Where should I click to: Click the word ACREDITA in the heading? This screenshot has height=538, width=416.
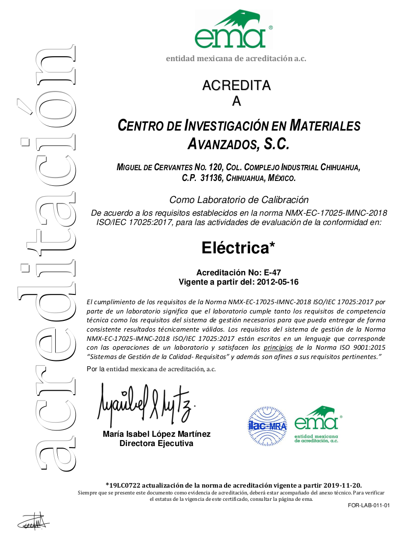tap(236, 86)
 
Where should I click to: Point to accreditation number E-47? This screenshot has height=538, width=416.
tap(273, 272)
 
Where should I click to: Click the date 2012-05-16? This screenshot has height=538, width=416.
tap(277, 282)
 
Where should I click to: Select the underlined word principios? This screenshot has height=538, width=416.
tap(278, 348)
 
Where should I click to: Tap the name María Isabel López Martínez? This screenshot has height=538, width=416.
tap(157, 434)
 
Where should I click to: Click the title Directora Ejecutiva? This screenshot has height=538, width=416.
tap(157, 444)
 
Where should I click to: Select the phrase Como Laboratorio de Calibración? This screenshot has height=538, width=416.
tap(239, 200)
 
